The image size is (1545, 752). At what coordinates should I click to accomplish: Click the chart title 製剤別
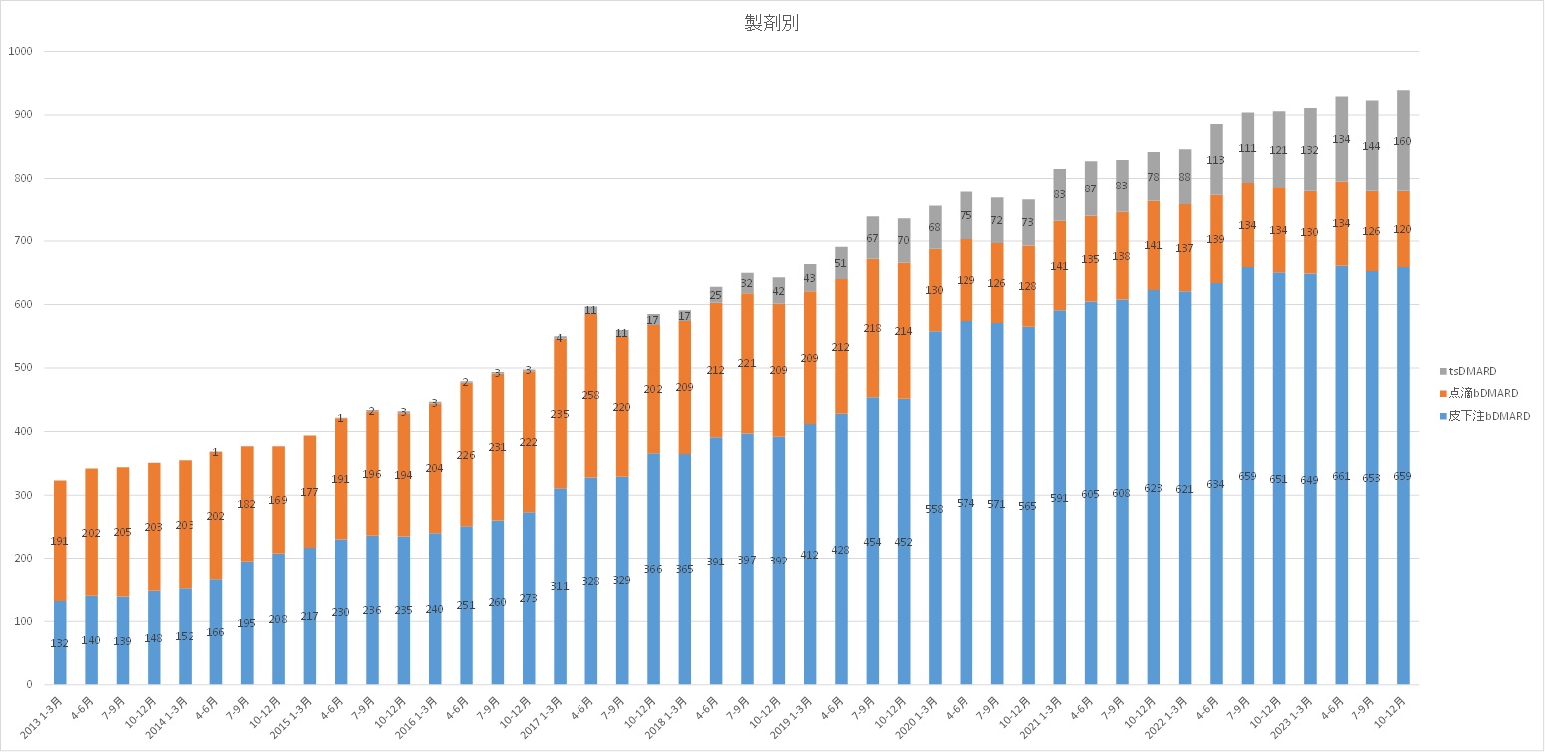pos(771,24)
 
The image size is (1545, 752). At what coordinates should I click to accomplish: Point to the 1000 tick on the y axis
pos(20,51)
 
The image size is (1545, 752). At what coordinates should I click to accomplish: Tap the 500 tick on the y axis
pos(23,368)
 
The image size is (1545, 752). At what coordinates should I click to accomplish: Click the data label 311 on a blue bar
pos(560,586)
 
